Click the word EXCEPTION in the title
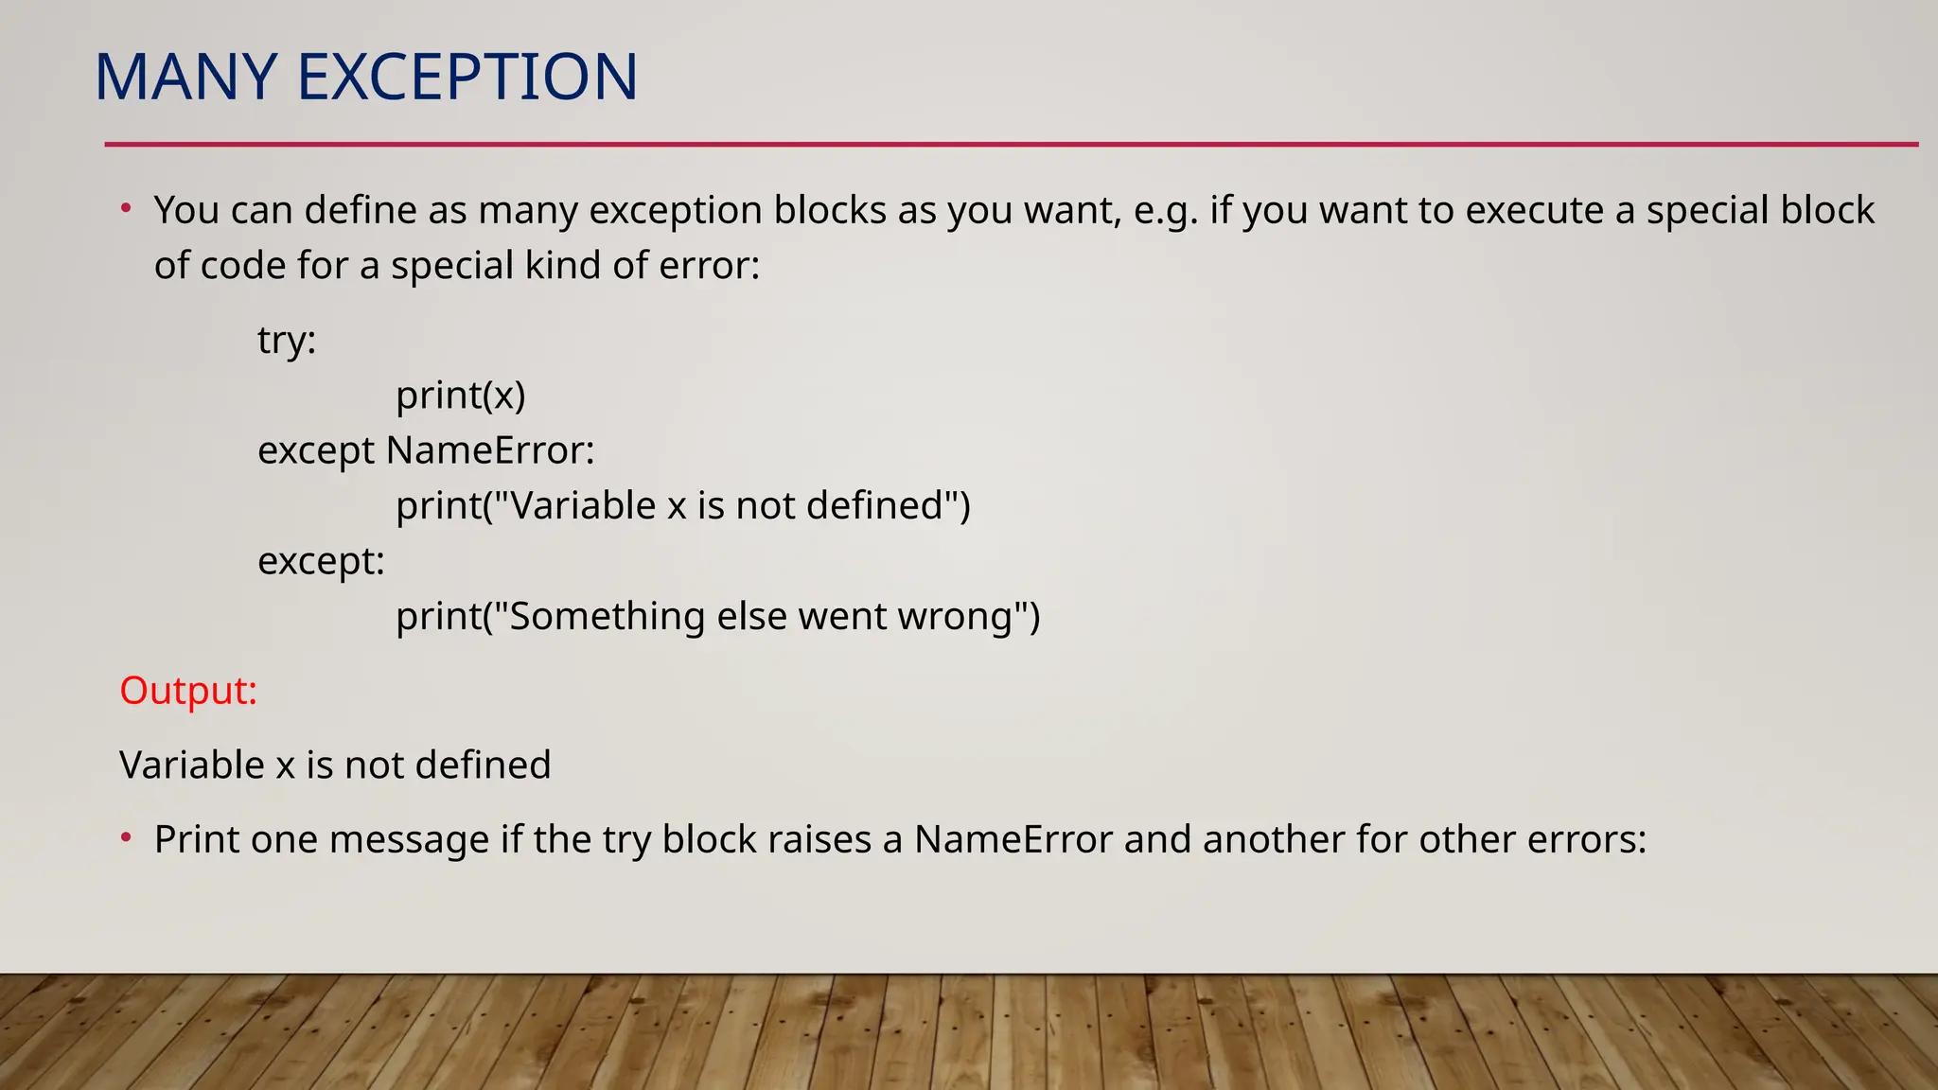[467, 77]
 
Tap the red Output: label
[188, 691]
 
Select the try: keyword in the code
[287, 340]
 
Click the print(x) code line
[460, 395]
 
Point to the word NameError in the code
[490, 450]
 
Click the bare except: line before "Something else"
[321, 561]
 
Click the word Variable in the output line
[192, 765]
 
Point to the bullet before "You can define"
[126, 208]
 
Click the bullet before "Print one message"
[126, 837]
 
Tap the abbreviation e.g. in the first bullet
[1166, 210]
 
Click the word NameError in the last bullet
[1013, 839]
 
